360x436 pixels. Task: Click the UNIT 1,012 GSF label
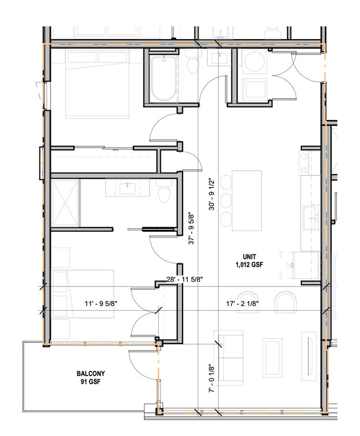click(x=249, y=260)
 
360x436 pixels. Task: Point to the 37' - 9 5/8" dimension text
click(x=191, y=228)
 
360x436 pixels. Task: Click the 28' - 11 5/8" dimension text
click(x=185, y=279)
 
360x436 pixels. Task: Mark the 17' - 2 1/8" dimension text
click(x=243, y=304)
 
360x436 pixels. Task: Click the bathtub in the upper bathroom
click(x=164, y=79)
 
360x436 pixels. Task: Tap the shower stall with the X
click(x=65, y=203)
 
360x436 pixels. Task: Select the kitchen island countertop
click(x=247, y=200)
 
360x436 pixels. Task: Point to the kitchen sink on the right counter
click(x=311, y=218)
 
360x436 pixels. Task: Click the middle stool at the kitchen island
click(x=226, y=200)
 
